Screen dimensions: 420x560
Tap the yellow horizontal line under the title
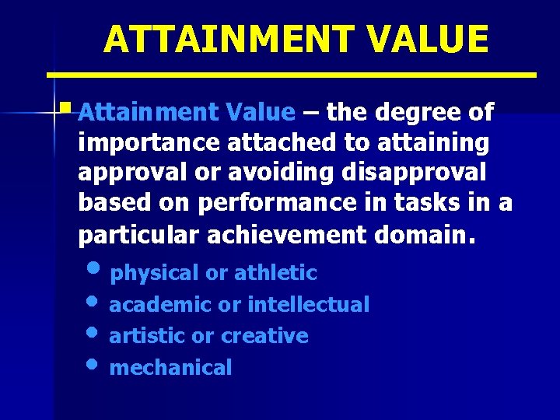tap(292, 75)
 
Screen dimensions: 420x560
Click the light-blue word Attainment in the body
tap(129, 113)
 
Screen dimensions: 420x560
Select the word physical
tap(155, 273)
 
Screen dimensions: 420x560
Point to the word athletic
tap(275, 273)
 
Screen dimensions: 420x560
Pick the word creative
tap(264, 336)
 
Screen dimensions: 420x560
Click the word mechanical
tap(170, 368)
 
